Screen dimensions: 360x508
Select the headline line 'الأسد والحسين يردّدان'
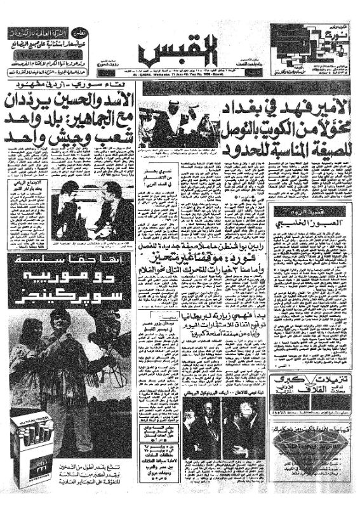(x=70, y=99)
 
